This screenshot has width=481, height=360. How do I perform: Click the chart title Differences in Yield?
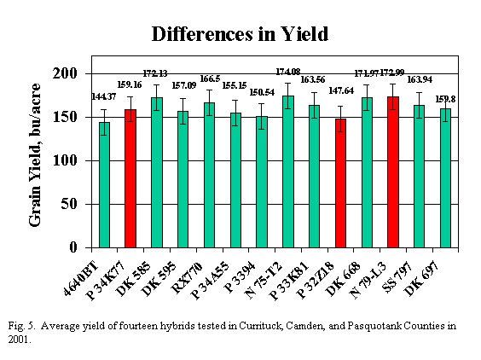point(240,34)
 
